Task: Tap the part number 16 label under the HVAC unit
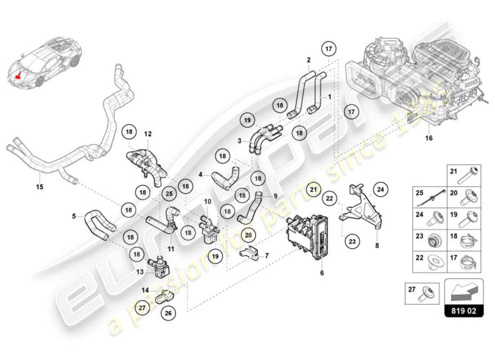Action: [429, 138]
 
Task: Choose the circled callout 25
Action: [169, 193]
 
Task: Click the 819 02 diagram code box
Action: [464, 311]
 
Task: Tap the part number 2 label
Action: [309, 59]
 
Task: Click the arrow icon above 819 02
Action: [464, 292]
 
